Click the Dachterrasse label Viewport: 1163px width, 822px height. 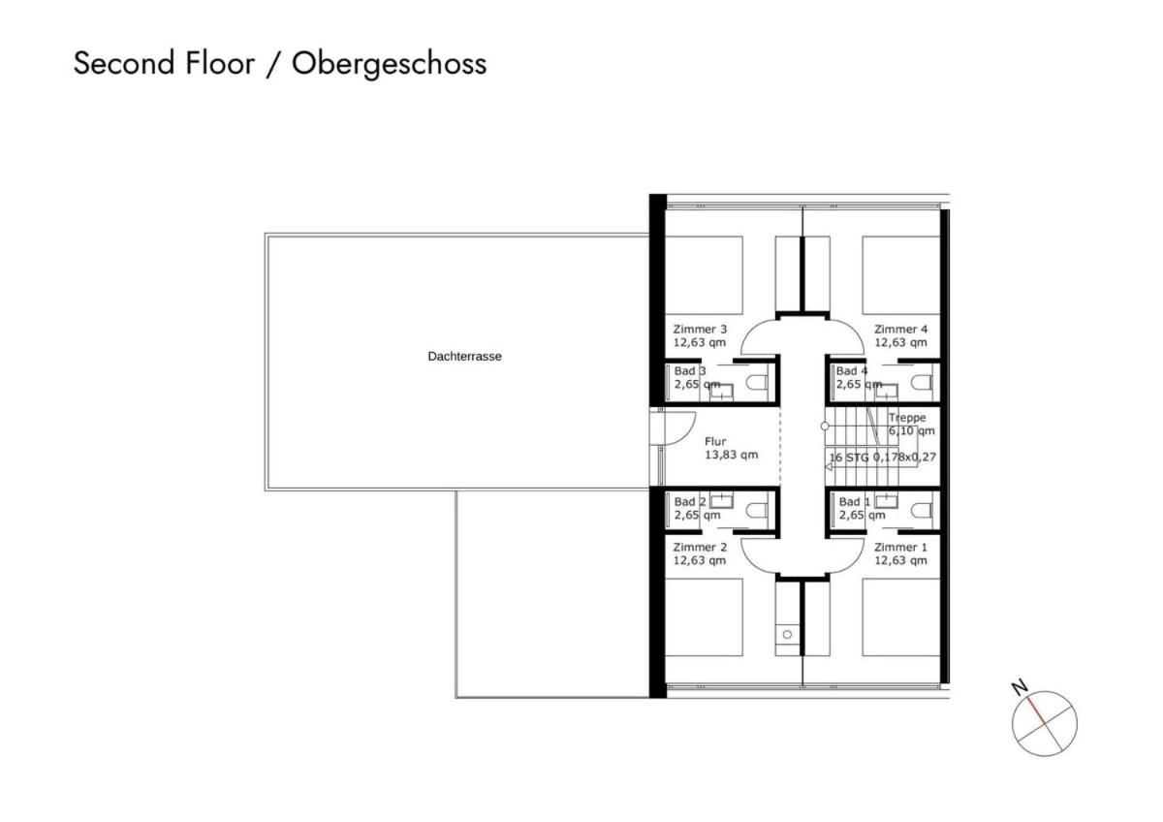464,356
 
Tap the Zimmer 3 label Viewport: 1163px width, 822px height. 700,330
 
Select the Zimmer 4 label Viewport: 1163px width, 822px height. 900,330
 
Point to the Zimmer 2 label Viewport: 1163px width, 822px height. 700,547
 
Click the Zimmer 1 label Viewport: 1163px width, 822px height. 900,547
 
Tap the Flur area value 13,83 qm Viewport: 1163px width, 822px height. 731,455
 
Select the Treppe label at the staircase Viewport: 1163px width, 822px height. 907,418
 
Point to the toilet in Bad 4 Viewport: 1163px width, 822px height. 922,383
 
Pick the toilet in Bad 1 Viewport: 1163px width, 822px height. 922,511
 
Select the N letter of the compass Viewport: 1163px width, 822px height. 1020,687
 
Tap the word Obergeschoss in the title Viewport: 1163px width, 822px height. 390,64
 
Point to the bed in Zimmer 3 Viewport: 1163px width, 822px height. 704,275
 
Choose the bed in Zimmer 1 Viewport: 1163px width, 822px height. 901,617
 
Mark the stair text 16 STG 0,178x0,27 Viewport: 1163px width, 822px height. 883,457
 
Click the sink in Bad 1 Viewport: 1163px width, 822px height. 886,501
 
